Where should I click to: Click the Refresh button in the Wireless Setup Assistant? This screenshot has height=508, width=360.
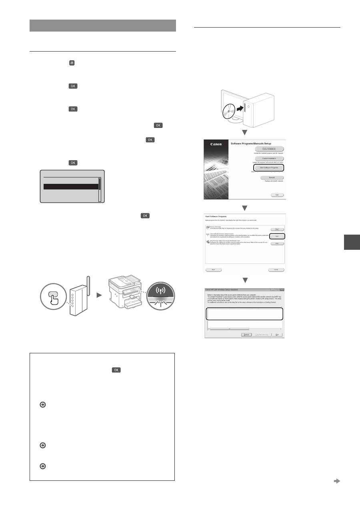coord(246,334)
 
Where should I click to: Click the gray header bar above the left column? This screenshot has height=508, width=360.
coord(103,25)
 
